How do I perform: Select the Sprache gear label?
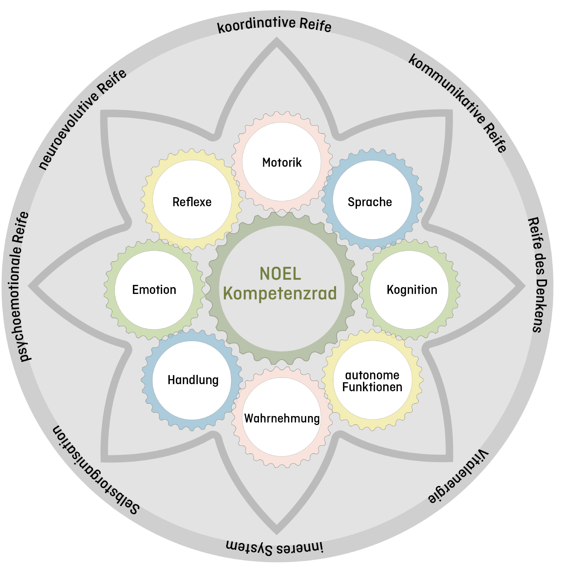click(370, 202)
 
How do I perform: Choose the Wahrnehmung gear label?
click(282, 418)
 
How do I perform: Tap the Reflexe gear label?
click(192, 202)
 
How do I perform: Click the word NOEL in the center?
click(280, 274)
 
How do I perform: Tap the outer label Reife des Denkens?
click(538, 274)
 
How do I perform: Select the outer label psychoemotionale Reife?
click(20, 286)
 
